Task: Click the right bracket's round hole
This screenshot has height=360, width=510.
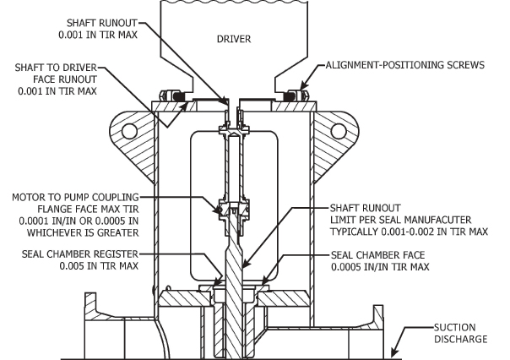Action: (x=340, y=131)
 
